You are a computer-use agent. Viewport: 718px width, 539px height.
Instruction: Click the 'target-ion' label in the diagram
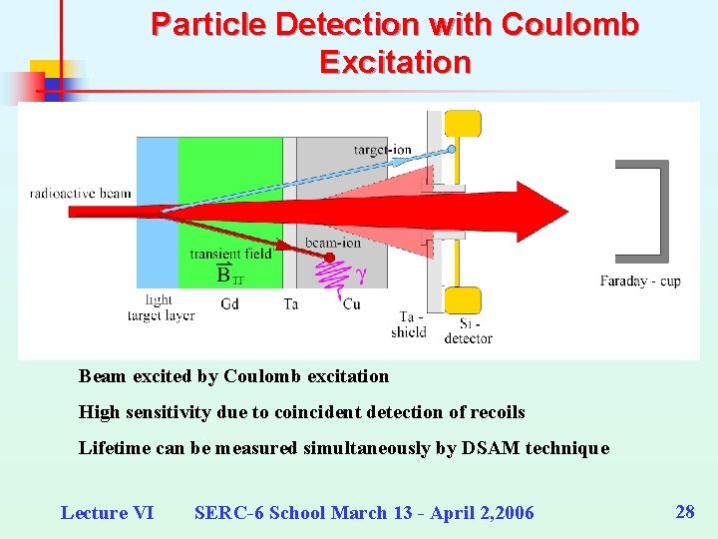click(x=382, y=150)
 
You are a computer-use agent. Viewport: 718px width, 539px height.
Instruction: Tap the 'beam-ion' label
click(x=333, y=243)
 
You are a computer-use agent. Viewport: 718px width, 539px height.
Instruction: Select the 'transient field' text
click(x=230, y=254)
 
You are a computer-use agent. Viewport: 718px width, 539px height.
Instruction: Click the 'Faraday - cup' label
click(x=640, y=280)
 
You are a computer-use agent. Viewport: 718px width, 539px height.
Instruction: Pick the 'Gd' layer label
click(x=229, y=303)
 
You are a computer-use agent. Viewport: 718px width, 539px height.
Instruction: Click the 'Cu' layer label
click(x=351, y=303)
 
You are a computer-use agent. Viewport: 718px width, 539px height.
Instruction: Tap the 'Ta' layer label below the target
click(x=290, y=303)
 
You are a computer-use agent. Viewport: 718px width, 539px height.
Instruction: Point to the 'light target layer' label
click(x=160, y=307)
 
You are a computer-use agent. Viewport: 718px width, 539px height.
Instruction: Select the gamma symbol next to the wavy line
click(x=361, y=271)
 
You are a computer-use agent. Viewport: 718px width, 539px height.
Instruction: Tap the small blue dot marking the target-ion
click(x=451, y=149)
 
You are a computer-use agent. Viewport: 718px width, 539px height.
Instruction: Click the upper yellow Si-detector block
click(x=462, y=124)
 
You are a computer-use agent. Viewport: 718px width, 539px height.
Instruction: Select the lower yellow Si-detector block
click(x=462, y=299)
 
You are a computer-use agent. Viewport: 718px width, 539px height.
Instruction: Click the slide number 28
click(x=685, y=512)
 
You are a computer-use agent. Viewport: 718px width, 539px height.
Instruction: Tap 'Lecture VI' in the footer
click(x=107, y=513)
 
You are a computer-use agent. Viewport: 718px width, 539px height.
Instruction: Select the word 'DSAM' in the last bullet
click(x=489, y=448)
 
